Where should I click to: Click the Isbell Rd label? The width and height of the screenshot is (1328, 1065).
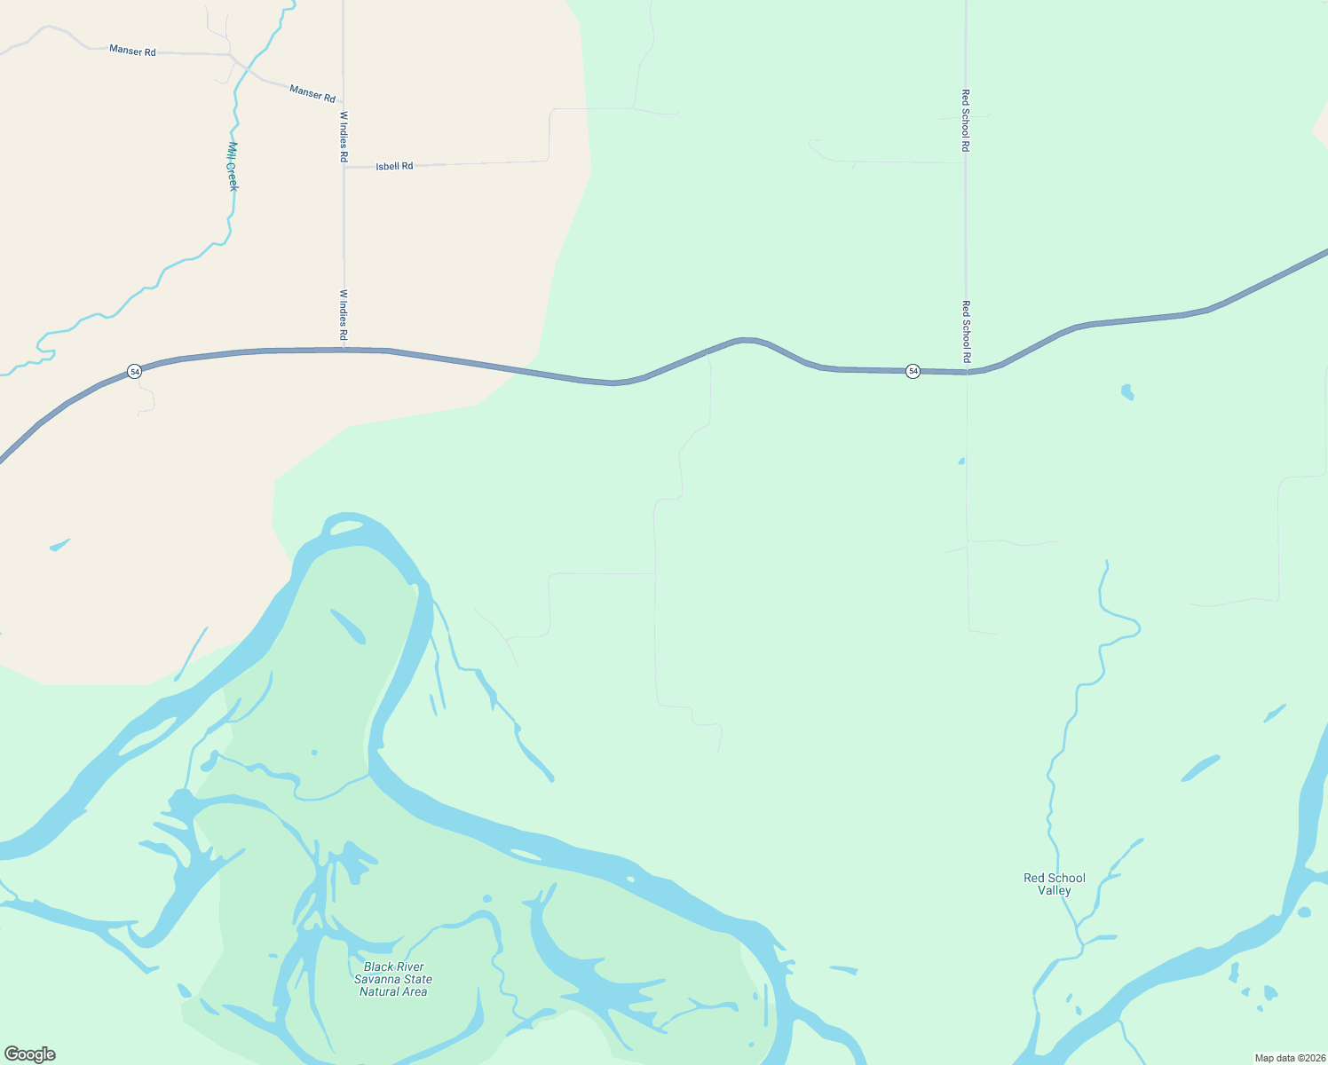click(x=394, y=166)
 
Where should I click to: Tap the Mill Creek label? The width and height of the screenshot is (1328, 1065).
click(x=233, y=166)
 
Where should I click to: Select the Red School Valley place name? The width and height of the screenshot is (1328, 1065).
click(x=1054, y=884)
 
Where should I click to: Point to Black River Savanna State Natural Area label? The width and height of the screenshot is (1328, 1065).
click(x=393, y=979)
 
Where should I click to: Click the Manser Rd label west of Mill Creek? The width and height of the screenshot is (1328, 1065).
click(x=132, y=51)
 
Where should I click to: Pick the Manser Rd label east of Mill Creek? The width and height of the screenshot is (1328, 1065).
click(x=312, y=92)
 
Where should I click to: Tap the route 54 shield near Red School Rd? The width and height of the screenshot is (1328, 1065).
click(x=913, y=371)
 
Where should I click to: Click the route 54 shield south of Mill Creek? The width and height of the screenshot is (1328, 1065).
click(x=134, y=371)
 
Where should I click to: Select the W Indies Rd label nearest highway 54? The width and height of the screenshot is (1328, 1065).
click(x=344, y=315)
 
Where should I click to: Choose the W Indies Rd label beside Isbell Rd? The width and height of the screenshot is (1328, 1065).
click(x=344, y=136)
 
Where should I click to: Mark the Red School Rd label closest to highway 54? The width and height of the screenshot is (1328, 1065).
click(x=967, y=331)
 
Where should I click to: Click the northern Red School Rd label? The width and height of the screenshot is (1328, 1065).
click(x=966, y=120)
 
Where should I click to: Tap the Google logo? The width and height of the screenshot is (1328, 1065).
click(x=30, y=1054)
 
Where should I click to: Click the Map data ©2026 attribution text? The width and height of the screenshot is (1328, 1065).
click(x=1289, y=1058)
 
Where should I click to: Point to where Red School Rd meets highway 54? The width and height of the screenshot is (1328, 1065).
click(x=967, y=373)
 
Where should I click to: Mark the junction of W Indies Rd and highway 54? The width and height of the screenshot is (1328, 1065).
click(x=344, y=350)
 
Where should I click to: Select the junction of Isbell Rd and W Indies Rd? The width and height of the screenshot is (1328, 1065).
click(x=344, y=166)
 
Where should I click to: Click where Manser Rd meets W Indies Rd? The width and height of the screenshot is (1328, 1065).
click(x=343, y=101)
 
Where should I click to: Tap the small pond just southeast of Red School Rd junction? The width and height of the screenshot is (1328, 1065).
click(x=1127, y=391)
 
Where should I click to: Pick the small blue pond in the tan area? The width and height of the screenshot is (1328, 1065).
click(x=59, y=544)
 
